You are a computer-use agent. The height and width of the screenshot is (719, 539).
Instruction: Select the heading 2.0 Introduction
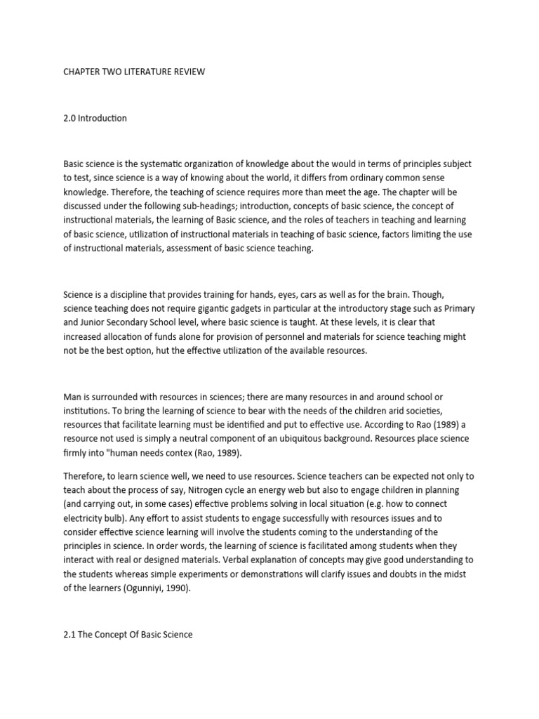(x=95, y=118)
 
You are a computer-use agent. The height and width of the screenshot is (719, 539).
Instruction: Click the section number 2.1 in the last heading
(x=70, y=635)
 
